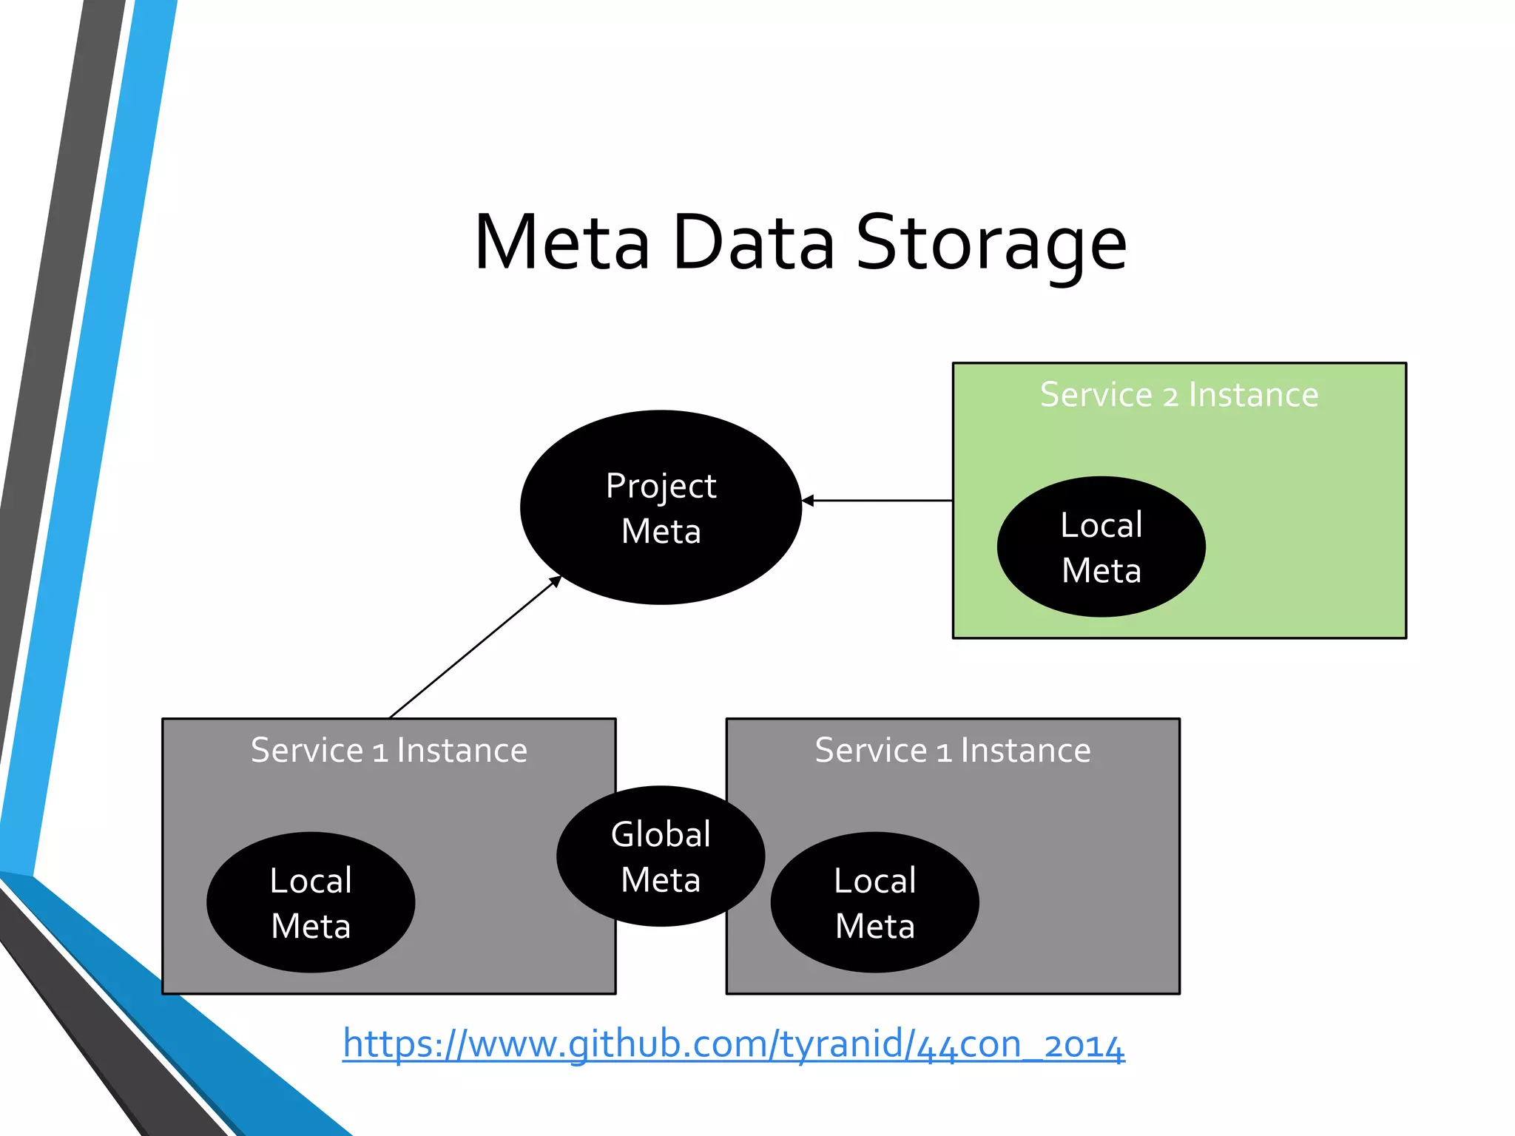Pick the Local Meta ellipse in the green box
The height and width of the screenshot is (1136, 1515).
pos(1101,547)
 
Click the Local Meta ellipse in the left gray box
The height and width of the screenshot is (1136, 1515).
pos(311,902)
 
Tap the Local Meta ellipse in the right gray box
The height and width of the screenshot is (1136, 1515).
pos(874,902)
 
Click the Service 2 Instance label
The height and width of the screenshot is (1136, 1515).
pos(1179,394)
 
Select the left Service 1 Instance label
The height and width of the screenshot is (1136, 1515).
pos(389,750)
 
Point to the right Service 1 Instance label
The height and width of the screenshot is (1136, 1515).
pos(953,750)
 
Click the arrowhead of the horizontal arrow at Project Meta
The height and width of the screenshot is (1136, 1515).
pos(809,501)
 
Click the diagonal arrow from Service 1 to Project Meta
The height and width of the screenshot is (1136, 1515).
pos(473,649)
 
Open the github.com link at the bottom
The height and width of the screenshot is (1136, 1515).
pos(733,1044)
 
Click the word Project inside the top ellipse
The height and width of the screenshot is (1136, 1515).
pos(661,486)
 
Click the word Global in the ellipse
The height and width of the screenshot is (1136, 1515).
pos(661,834)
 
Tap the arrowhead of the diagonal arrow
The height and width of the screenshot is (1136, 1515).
pos(555,581)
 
